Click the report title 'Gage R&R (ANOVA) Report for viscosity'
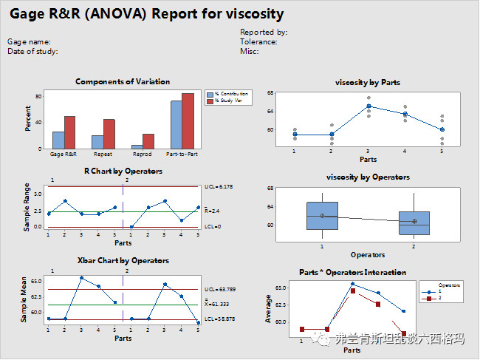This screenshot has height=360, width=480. point(145,14)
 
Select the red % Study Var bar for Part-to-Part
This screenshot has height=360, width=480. point(188,121)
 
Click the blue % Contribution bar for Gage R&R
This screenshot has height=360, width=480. point(58,140)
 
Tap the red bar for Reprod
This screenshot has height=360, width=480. point(148,141)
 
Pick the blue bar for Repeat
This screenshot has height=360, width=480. point(97,142)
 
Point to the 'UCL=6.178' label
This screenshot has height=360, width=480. point(219,188)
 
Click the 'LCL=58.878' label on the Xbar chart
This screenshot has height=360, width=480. point(221,319)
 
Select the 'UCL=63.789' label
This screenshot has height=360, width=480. point(221,289)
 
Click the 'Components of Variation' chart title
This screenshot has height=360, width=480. point(123,81)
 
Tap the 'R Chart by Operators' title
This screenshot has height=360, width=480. point(123,171)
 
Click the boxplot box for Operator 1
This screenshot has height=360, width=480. point(323,215)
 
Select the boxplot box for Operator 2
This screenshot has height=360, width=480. point(414,223)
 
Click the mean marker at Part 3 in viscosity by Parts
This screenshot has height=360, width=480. point(368,106)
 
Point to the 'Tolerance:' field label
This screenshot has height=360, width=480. point(258,42)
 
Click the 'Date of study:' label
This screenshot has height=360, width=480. point(32,52)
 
